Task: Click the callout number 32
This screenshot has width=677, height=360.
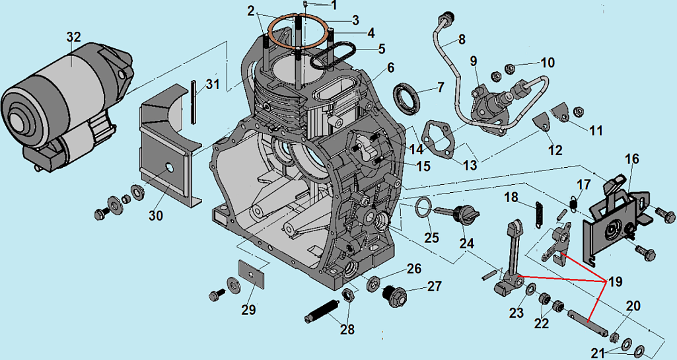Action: point(73,38)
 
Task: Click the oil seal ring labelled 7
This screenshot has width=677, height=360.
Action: point(408,98)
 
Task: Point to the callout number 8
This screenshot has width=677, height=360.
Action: point(461,39)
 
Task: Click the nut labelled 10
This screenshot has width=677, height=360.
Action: point(510,67)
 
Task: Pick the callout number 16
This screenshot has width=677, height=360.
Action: point(632,159)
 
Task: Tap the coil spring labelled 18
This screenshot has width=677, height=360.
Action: point(538,212)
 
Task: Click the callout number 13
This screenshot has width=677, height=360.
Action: point(470,164)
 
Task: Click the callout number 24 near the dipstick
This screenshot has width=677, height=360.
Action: point(467,243)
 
